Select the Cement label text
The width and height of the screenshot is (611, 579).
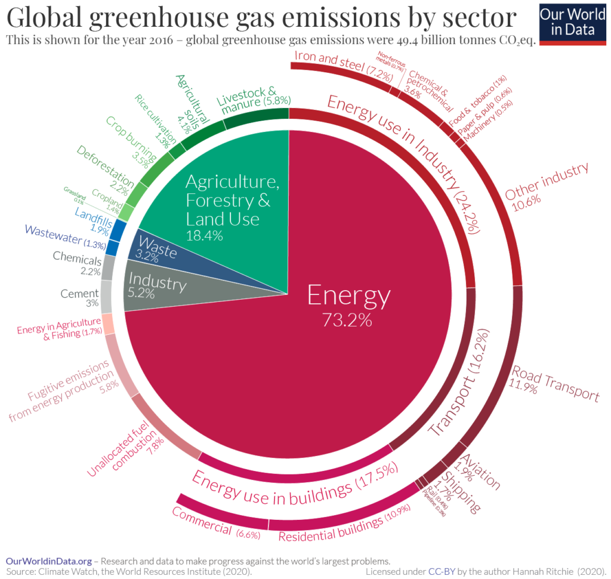click(x=79, y=294)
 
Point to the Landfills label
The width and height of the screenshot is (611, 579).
click(x=92, y=216)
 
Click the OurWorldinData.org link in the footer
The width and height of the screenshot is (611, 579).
click(x=49, y=561)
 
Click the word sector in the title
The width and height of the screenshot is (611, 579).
click(x=472, y=18)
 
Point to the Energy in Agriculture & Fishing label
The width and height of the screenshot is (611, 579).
click(x=58, y=329)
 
